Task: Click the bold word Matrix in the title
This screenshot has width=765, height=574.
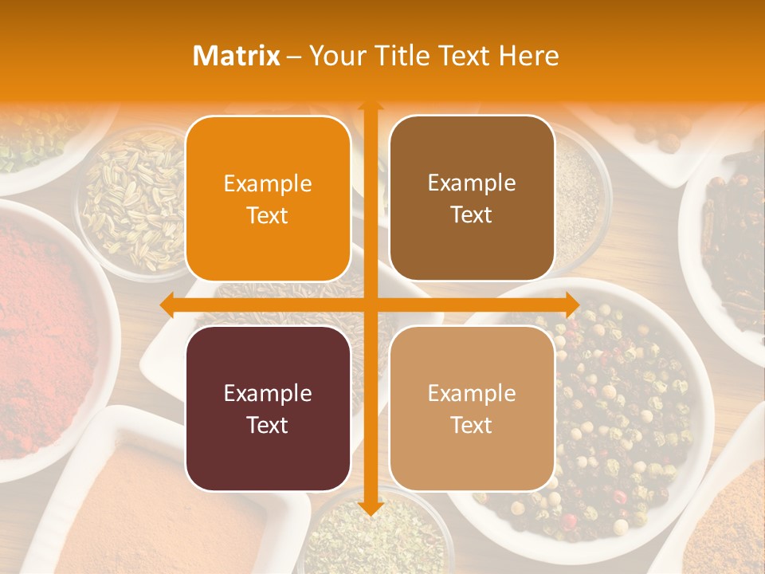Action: click(236, 56)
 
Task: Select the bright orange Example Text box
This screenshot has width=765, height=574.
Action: click(268, 199)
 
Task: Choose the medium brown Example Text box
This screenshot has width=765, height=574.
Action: click(472, 199)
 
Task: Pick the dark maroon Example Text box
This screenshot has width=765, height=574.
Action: click(268, 408)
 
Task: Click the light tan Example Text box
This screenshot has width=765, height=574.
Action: click(472, 408)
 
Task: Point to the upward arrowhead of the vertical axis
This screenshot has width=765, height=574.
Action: click(370, 104)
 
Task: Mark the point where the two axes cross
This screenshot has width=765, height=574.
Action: click(370, 305)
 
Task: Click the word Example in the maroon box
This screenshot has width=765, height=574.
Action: click(268, 393)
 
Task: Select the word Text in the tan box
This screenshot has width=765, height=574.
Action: click(472, 425)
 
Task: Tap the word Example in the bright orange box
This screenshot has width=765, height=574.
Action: click(268, 183)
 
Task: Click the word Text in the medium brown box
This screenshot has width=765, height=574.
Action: click(472, 214)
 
